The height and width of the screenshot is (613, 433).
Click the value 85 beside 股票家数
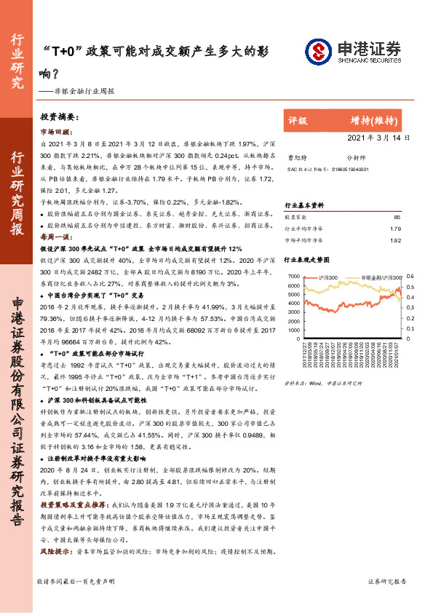(x=397, y=217)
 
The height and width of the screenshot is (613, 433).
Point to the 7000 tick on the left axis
(x=293, y=277)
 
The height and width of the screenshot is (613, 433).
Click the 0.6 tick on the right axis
(x=410, y=277)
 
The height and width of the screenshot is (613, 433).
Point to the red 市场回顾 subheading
(x=55, y=132)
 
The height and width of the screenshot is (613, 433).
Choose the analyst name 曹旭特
(x=295, y=157)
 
